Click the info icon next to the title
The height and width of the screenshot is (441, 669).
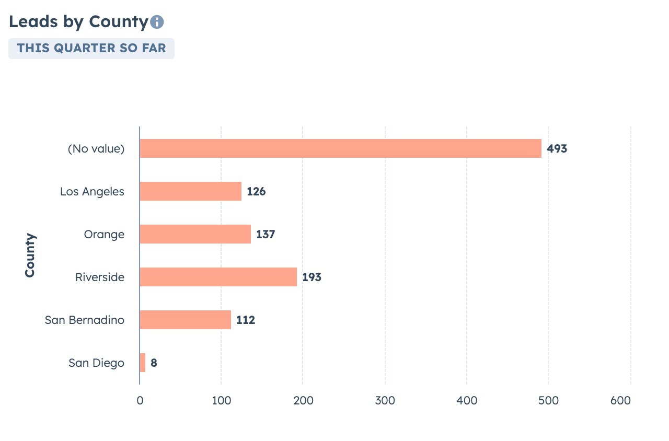157,22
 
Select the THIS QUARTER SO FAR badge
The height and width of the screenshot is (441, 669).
91,48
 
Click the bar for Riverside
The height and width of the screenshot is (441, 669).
218,277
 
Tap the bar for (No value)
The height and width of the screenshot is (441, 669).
340,148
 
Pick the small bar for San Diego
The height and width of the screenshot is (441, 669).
143,363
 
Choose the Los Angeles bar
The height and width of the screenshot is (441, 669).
190,191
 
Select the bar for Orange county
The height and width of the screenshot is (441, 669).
195,234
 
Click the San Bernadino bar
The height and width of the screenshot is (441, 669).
185,320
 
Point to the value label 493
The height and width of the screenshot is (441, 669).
557,149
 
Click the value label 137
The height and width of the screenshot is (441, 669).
266,235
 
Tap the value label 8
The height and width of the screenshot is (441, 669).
154,363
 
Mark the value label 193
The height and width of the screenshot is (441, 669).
312,277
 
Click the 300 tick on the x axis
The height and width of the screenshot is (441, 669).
385,401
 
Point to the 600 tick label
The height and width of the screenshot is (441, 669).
620,401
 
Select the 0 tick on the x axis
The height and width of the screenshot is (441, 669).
140,401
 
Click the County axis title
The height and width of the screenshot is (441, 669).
30,255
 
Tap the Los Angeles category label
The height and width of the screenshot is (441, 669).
92,192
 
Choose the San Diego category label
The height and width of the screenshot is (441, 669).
96,363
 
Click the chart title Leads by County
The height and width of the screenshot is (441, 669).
78,22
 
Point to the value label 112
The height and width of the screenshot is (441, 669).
246,320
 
